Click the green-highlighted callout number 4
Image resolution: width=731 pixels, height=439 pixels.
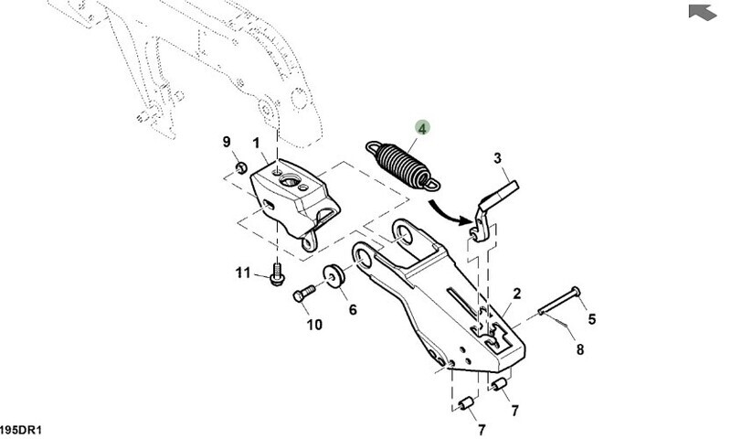pos(423,129)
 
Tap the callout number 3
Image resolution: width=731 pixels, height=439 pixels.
pos(499,158)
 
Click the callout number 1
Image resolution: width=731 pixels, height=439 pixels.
pos(257,143)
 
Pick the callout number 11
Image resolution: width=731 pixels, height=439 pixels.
pos(242,273)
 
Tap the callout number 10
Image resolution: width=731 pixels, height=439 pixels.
pos(313,324)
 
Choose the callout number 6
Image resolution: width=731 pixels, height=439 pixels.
pos(353,309)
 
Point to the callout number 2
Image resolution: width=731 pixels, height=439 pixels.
pos(516,294)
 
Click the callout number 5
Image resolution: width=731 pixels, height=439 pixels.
pos(591,319)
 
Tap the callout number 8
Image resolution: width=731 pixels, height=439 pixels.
pos(578,348)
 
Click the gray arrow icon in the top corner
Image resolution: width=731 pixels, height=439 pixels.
pos(700,11)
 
